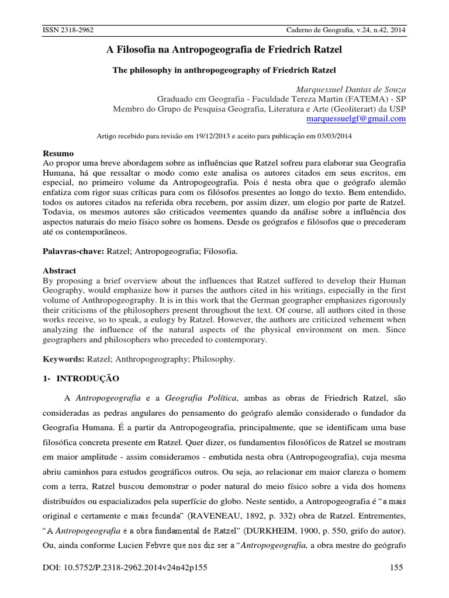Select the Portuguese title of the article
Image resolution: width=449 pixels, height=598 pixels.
click(224, 51)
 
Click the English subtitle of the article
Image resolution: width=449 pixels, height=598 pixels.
click(224, 70)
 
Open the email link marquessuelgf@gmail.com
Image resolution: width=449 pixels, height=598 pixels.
click(356, 118)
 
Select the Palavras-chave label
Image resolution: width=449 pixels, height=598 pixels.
click(72, 251)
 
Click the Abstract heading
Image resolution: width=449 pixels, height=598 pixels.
click(60, 270)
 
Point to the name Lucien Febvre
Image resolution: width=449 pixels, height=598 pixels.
click(127, 547)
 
